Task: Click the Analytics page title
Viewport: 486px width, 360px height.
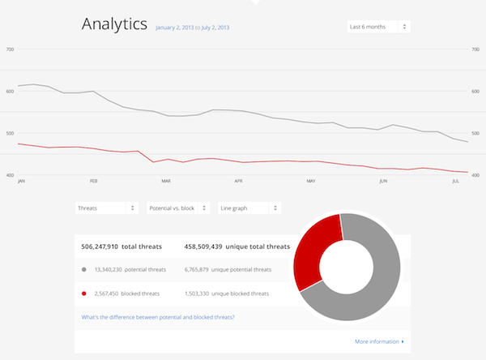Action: tap(114, 25)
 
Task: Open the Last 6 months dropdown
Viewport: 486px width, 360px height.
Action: tap(378, 27)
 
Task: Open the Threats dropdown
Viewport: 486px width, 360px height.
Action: tap(106, 208)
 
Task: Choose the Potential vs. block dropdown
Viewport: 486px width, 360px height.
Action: tap(178, 208)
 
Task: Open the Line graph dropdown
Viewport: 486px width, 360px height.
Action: tap(249, 208)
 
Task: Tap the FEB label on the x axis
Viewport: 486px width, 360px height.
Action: tap(94, 182)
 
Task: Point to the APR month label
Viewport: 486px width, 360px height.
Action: tap(238, 182)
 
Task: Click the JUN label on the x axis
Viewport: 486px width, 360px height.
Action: tap(383, 182)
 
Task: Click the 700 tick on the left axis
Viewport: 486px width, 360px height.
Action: tap(10, 50)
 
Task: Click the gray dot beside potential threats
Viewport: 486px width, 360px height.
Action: tap(84, 270)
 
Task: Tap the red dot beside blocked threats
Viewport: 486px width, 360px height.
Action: tap(84, 294)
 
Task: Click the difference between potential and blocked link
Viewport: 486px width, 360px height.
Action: tap(158, 317)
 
